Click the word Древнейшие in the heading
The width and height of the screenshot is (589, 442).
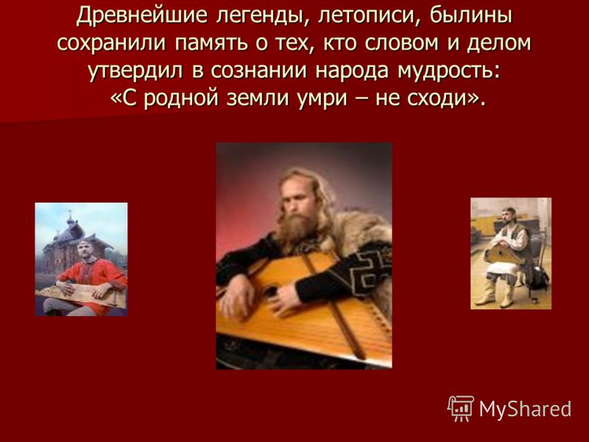point(141,16)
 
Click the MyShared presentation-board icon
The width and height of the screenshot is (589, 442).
point(460,408)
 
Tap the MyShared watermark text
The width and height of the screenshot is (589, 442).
point(525,409)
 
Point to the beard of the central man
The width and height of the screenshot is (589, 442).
point(296,226)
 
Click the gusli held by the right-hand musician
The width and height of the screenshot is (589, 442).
point(504,254)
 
